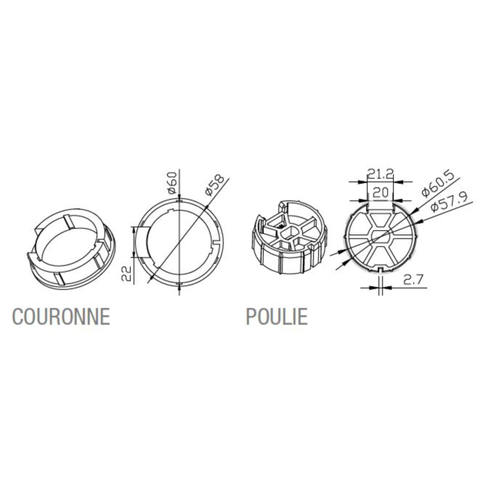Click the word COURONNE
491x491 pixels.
coord(61,316)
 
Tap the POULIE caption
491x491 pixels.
coord(277,316)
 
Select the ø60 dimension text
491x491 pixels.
coord(172,182)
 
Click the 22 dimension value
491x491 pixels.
coord(126,273)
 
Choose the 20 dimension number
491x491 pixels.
coord(381,193)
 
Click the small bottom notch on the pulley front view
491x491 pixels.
coord(380,269)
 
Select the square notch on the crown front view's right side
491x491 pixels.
coord(217,243)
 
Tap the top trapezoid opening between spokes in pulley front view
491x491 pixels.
coord(380,221)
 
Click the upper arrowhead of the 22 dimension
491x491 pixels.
coord(134,230)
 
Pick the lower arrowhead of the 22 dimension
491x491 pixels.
coord(134,253)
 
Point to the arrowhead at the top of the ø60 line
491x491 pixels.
coord(179,199)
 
